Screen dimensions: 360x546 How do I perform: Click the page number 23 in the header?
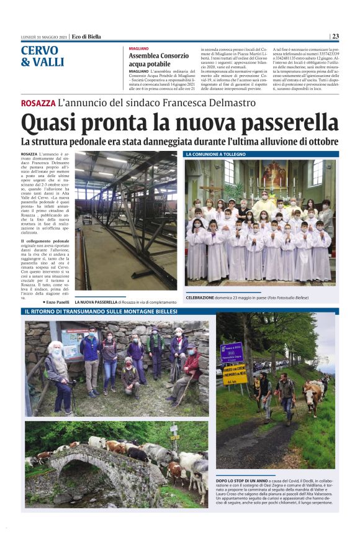(x=335, y=36)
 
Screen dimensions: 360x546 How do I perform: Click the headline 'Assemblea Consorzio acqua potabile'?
(x=159, y=60)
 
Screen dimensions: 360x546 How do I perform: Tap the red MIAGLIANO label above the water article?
(x=139, y=48)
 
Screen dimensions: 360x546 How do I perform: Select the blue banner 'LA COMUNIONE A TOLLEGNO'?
(x=215, y=153)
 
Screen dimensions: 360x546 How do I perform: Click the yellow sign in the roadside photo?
(x=234, y=373)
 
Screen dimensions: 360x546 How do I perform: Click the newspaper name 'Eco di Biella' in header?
(x=86, y=36)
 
